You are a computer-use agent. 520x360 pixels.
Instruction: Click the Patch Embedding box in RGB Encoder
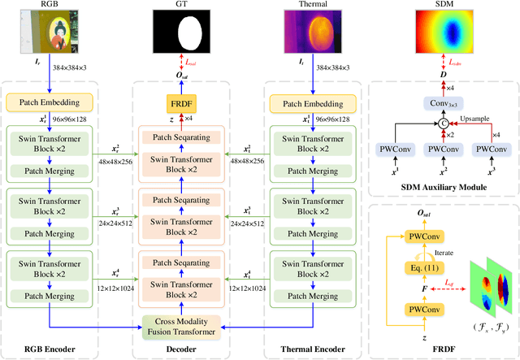[53, 103]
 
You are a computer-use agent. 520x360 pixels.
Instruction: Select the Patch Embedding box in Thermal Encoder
[312, 103]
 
